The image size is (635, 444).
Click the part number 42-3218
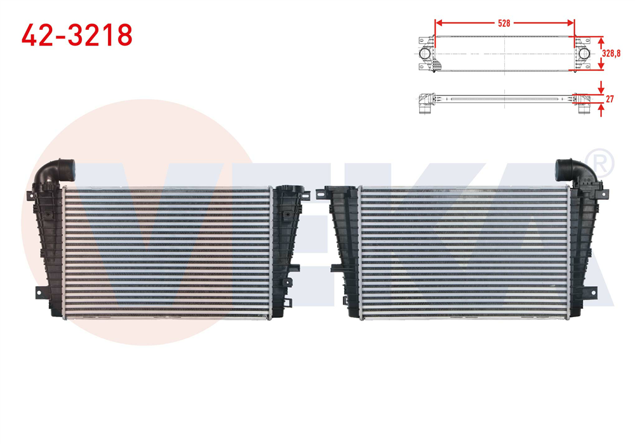[77, 36]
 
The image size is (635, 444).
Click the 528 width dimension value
[504, 23]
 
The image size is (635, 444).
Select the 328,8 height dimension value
[612, 53]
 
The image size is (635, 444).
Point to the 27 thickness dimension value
[610, 99]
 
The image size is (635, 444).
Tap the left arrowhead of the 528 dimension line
[438, 23]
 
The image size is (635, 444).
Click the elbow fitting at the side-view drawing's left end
[423, 103]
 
